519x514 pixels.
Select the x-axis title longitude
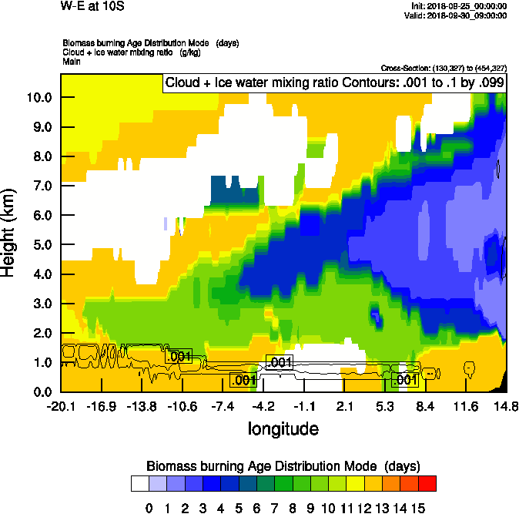283,428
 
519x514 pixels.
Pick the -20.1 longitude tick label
61,406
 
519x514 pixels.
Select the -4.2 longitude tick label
264,406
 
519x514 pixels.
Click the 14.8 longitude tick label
506,406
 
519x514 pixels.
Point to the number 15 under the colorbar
418,508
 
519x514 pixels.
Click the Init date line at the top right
460,6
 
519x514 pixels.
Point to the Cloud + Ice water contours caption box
334,83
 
